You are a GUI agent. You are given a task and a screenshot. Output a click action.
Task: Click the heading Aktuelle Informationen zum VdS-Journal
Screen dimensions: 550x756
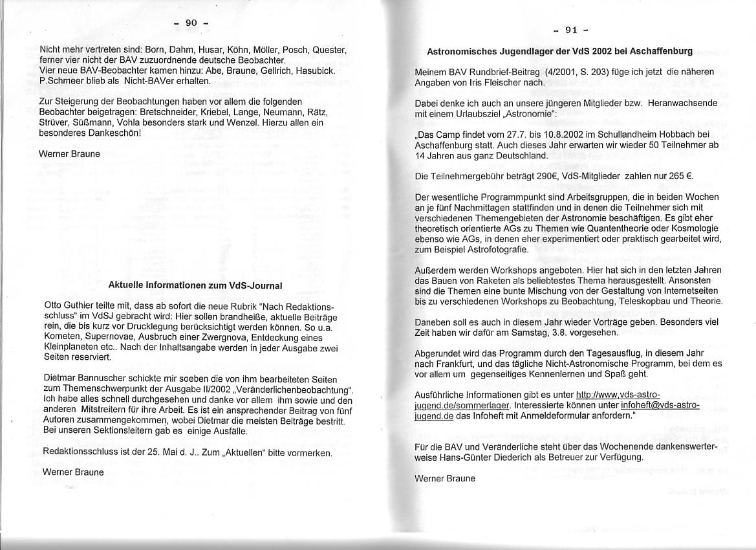(x=195, y=285)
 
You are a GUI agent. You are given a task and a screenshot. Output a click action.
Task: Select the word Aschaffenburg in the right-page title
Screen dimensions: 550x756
(x=660, y=51)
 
